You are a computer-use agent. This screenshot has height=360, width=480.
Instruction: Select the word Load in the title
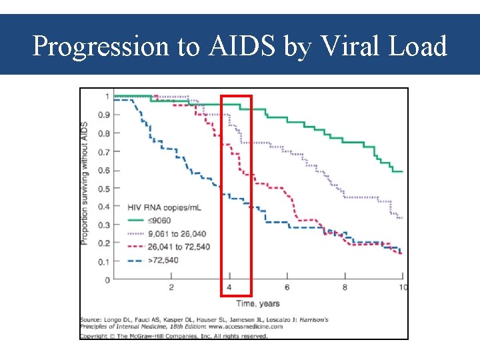tap(418, 47)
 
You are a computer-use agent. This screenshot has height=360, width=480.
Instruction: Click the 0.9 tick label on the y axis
tap(104, 115)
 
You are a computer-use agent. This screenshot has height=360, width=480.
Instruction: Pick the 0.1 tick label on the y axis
tap(104, 262)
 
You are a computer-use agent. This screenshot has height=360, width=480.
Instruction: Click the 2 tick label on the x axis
tap(171, 287)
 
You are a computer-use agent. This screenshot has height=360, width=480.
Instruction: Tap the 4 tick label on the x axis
tap(229, 287)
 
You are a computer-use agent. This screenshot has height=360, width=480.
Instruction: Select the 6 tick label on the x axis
tap(287, 287)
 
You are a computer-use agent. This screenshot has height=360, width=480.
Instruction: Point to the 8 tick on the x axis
tap(345, 287)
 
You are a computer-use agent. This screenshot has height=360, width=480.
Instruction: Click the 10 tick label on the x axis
tap(402, 287)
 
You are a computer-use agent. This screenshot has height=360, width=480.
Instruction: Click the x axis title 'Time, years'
tap(258, 303)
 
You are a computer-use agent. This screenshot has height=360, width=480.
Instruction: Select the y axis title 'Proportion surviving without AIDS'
tap(85, 183)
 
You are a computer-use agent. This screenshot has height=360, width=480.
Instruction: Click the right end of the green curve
tap(402, 171)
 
